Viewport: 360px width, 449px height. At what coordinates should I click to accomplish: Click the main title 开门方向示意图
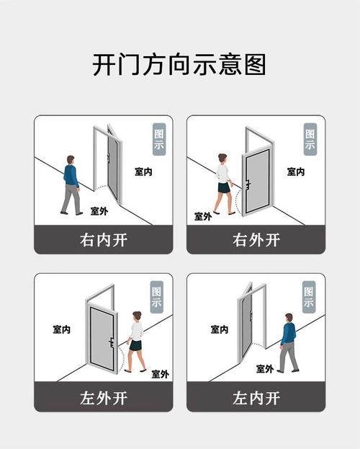coord(179,64)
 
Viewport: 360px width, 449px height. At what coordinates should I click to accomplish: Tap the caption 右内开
coord(104,240)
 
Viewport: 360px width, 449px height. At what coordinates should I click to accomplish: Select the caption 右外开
coord(256,240)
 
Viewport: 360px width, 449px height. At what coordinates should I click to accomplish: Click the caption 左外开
coord(104,398)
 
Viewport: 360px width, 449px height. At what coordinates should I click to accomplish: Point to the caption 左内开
coord(256,398)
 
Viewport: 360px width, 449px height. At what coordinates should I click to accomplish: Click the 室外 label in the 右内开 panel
coord(99,211)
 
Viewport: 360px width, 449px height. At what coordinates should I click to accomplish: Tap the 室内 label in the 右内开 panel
coord(143,172)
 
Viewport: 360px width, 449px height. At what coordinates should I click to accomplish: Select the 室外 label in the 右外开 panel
coord(203,216)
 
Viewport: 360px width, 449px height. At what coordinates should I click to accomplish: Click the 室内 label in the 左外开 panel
coord(61,329)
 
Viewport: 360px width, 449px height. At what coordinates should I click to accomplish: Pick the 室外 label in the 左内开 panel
coord(265,369)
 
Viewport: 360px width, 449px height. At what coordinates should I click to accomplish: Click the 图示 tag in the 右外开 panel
coord(310,139)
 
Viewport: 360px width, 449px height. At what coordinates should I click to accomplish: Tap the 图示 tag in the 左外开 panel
coord(157,297)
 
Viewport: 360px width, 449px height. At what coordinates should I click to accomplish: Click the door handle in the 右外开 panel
coord(248,185)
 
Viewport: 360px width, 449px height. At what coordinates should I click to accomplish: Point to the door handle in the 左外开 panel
coord(112,342)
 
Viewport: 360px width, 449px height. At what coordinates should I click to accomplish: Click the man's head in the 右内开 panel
coord(71,160)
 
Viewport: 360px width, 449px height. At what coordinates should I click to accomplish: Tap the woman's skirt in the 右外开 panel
coord(224,187)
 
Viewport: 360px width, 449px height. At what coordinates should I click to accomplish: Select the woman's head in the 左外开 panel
coord(137,316)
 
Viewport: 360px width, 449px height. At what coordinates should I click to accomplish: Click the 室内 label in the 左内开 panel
coord(220,329)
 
